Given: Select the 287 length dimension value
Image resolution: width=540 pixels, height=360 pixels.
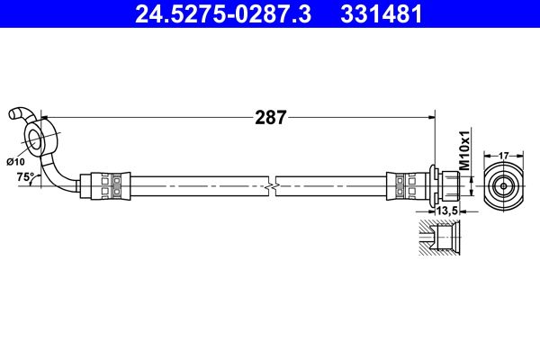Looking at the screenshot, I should click(x=270, y=116).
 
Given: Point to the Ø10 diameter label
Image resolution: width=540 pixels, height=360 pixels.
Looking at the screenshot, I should click(x=15, y=161).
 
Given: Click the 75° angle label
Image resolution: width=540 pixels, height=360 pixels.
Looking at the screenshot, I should click(x=24, y=178).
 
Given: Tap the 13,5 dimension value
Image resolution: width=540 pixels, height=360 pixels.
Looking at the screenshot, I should click(x=446, y=211).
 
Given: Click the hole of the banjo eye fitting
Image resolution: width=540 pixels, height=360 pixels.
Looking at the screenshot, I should click(x=36, y=139).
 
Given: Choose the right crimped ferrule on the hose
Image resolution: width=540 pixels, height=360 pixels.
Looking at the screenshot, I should click(x=403, y=185).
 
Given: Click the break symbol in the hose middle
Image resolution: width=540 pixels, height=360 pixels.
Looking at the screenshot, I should click(x=271, y=185).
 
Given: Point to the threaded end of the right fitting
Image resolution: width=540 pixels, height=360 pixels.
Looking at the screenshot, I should click(x=454, y=185).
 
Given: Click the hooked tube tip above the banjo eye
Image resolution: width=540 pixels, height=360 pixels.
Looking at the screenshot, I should click(x=16, y=114).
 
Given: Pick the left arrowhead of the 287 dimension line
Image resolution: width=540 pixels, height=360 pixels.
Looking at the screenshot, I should click(x=46, y=116).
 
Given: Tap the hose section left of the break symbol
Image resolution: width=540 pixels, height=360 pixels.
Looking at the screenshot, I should click(x=198, y=185).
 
